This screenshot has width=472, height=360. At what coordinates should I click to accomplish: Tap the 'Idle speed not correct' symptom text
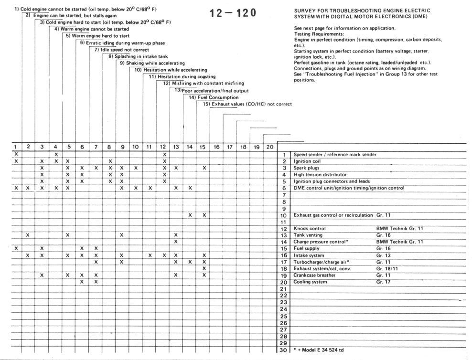click(121, 50)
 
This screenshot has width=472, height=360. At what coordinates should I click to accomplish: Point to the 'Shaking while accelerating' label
click(152, 63)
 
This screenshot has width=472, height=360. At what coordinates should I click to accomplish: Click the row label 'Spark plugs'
click(306, 168)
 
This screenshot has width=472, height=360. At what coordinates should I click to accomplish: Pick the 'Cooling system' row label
click(310, 282)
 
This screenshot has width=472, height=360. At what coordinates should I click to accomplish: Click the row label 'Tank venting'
click(308, 235)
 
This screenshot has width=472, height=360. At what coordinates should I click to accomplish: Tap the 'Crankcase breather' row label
click(314, 275)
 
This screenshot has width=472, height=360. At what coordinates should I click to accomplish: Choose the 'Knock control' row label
click(310, 229)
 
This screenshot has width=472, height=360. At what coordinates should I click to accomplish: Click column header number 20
click(269, 148)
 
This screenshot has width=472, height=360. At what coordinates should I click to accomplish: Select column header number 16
click(216, 148)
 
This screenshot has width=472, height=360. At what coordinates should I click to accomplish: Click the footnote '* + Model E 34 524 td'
click(319, 350)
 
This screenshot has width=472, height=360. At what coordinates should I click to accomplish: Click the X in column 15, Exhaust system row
click(204, 268)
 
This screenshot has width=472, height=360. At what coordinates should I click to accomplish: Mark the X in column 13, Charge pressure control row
click(176, 242)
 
